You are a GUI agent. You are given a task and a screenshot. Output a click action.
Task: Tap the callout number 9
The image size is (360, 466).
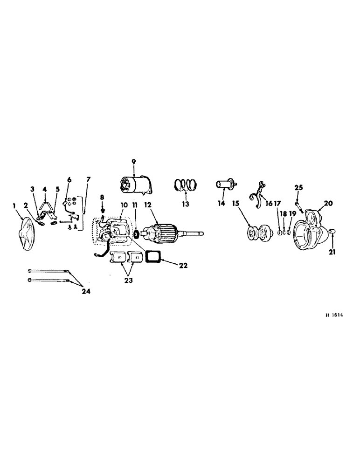click(133, 161)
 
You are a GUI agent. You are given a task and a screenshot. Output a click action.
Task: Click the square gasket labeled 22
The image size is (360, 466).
click(152, 257)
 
